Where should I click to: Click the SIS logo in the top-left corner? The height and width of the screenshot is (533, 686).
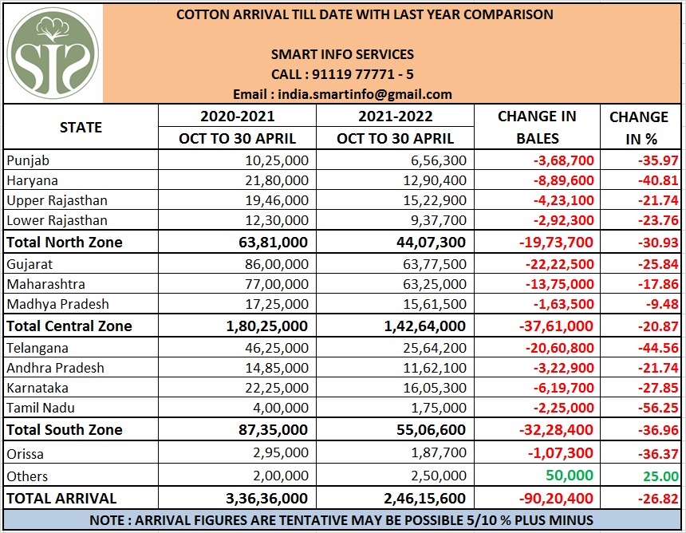(52, 52)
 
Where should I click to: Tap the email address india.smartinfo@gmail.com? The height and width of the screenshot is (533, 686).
(342, 93)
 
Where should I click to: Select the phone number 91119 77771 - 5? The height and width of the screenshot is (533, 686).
(342, 74)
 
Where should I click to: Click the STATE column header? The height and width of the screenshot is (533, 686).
(81, 128)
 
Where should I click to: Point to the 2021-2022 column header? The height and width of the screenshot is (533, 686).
(395, 116)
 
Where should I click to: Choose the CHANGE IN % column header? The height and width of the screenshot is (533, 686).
(638, 128)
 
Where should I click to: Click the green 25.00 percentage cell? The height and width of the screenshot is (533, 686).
(659, 476)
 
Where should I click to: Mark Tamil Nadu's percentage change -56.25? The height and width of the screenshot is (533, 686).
(658, 408)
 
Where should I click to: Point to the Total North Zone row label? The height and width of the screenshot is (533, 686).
(65, 242)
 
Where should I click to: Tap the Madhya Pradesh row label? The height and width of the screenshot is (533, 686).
(57, 304)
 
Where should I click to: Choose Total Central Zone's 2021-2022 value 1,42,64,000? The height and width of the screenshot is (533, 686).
(424, 326)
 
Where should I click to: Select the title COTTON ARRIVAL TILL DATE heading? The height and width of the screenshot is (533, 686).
(364, 14)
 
